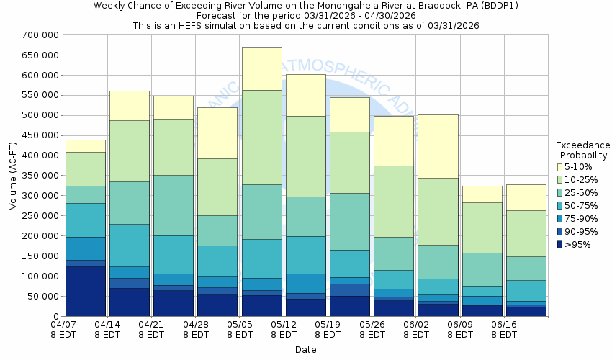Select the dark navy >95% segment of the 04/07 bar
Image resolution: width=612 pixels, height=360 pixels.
86,291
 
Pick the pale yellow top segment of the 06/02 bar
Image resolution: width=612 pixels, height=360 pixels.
438,146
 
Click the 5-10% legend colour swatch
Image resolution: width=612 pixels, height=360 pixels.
560,167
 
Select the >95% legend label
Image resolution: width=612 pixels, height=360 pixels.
579,245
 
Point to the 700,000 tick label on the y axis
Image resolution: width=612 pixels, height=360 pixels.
40,35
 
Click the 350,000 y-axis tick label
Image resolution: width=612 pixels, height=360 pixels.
40,176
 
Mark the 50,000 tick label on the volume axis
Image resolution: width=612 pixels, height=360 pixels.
42,297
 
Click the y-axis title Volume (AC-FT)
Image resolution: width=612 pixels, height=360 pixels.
13,176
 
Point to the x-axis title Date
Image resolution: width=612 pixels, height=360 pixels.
305,350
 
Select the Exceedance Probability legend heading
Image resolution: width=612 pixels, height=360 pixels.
583,150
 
